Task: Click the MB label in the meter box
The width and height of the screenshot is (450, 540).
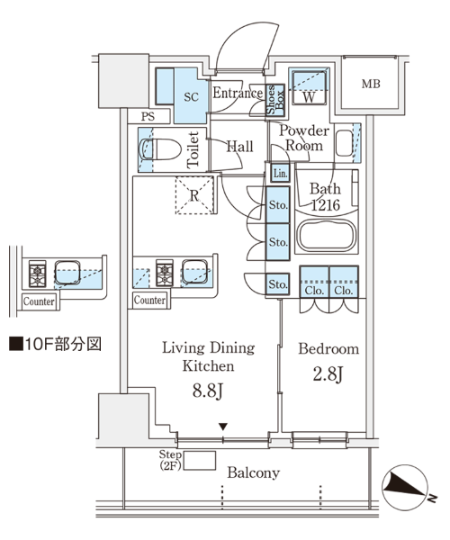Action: click(371, 84)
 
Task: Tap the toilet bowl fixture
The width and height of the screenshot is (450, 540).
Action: click(160, 149)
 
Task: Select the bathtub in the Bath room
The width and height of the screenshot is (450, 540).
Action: click(327, 236)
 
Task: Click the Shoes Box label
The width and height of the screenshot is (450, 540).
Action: click(275, 100)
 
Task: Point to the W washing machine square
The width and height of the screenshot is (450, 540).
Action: click(309, 86)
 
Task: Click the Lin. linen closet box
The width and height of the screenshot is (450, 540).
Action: click(281, 173)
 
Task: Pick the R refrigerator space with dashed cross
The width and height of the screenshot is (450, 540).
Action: click(194, 195)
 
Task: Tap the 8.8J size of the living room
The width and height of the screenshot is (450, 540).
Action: click(208, 391)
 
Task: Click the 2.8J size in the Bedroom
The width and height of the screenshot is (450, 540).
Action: click(328, 374)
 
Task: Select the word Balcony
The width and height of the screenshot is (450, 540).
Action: click(254, 472)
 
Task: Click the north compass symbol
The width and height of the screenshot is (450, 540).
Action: click(405, 487)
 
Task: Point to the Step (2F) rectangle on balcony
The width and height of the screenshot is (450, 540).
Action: click(200, 461)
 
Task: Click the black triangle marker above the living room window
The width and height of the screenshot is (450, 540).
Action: click(223, 427)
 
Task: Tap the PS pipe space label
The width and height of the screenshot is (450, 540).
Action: click(148, 116)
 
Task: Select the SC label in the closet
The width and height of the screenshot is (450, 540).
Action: click(191, 97)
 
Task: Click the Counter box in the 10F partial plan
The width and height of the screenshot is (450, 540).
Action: click(39, 301)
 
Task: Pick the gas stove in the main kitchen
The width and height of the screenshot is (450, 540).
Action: click(165, 273)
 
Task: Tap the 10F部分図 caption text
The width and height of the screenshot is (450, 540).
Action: click(55, 344)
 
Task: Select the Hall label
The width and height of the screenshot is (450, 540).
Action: click(239, 147)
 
